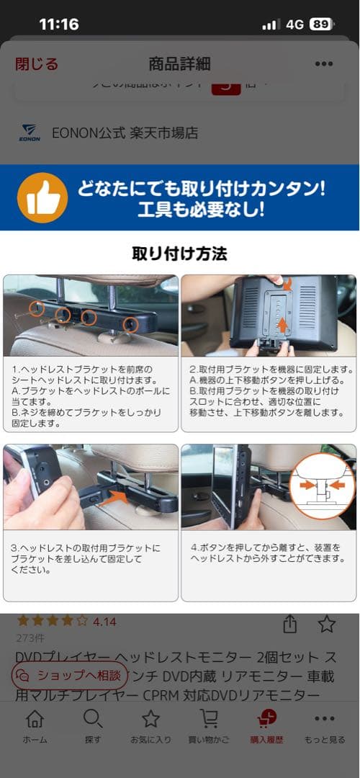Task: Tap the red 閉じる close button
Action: pos(37,64)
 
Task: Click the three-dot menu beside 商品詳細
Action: pos(324,64)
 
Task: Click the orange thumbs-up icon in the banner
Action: pos(42,197)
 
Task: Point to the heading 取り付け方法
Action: pos(179,254)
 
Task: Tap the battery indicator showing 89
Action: pos(321,24)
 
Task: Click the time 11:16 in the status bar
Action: pos(59,24)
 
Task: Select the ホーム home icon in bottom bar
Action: pos(35,719)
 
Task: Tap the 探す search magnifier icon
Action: pos(93,719)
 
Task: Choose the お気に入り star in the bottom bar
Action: pos(150,719)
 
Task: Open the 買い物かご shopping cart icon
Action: pos(209,719)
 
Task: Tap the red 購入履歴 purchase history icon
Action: pos(266,719)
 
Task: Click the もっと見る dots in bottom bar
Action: pos(325,719)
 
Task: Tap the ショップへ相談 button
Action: pos(70,676)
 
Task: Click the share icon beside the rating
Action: pos(290,624)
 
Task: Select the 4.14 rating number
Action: pos(104,621)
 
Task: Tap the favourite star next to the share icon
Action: pos(327,624)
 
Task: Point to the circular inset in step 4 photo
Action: pos(322,486)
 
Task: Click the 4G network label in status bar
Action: pos(294,24)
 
